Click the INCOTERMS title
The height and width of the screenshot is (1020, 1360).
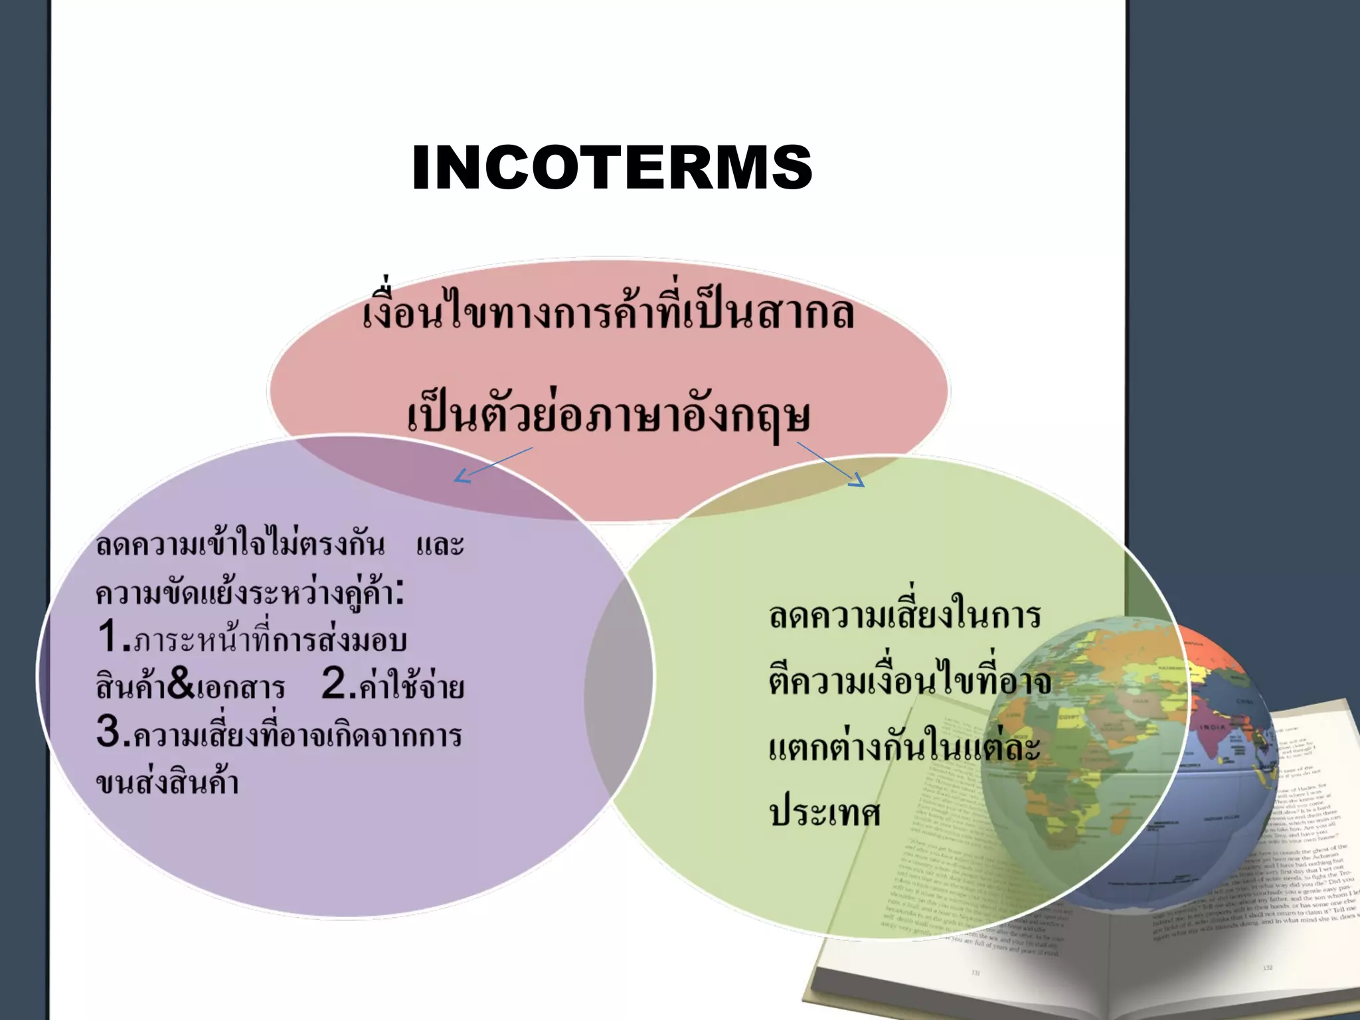(612, 167)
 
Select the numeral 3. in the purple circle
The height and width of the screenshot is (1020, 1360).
(111, 732)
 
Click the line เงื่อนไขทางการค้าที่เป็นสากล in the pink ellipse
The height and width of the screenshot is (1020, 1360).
(608, 312)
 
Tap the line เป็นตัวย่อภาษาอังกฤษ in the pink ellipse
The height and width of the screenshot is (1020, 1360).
(608, 416)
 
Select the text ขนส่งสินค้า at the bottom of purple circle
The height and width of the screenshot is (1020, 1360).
(167, 782)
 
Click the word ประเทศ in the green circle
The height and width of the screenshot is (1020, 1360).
(825, 811)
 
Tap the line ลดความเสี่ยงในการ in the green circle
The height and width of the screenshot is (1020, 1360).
(904, 615)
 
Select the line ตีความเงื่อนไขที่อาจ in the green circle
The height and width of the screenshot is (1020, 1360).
(910, 680)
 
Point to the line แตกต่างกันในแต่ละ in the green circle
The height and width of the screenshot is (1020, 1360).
(904, 746)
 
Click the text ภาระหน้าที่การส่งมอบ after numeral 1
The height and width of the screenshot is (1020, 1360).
(270, 639)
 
